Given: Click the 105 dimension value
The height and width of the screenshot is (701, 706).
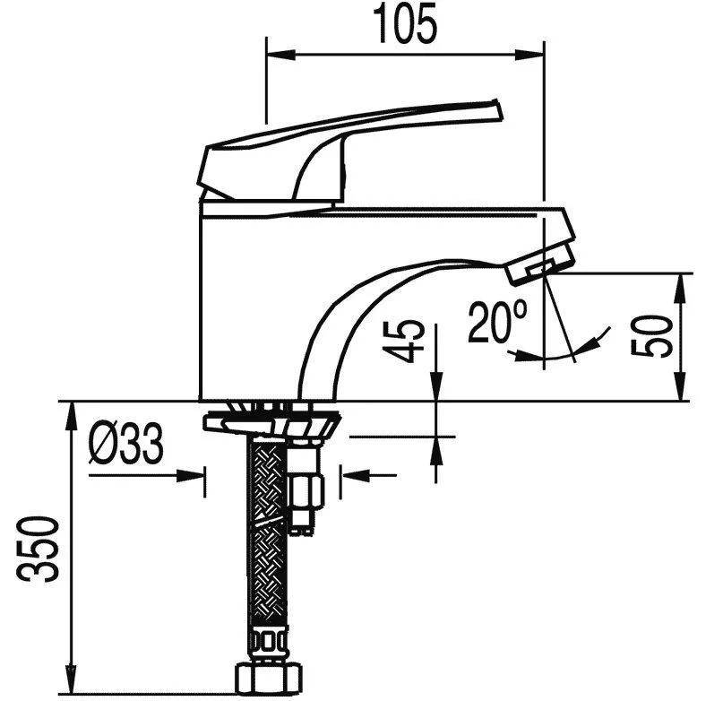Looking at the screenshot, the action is point(405,25).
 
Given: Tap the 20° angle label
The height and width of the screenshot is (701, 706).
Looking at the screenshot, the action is point(496,322).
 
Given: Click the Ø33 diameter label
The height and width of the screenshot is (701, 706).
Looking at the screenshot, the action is point(125,444).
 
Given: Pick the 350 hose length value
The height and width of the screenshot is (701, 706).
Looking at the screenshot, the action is point(38,549).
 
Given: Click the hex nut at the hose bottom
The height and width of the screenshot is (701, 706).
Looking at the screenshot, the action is point(270,679).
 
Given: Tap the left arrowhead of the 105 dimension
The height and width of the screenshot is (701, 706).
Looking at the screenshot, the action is point(281,55).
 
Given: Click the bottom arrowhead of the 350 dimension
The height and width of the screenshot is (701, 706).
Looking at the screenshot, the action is point(70,679).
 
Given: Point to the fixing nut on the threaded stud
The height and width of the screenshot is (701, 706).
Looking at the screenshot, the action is point(306,492).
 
